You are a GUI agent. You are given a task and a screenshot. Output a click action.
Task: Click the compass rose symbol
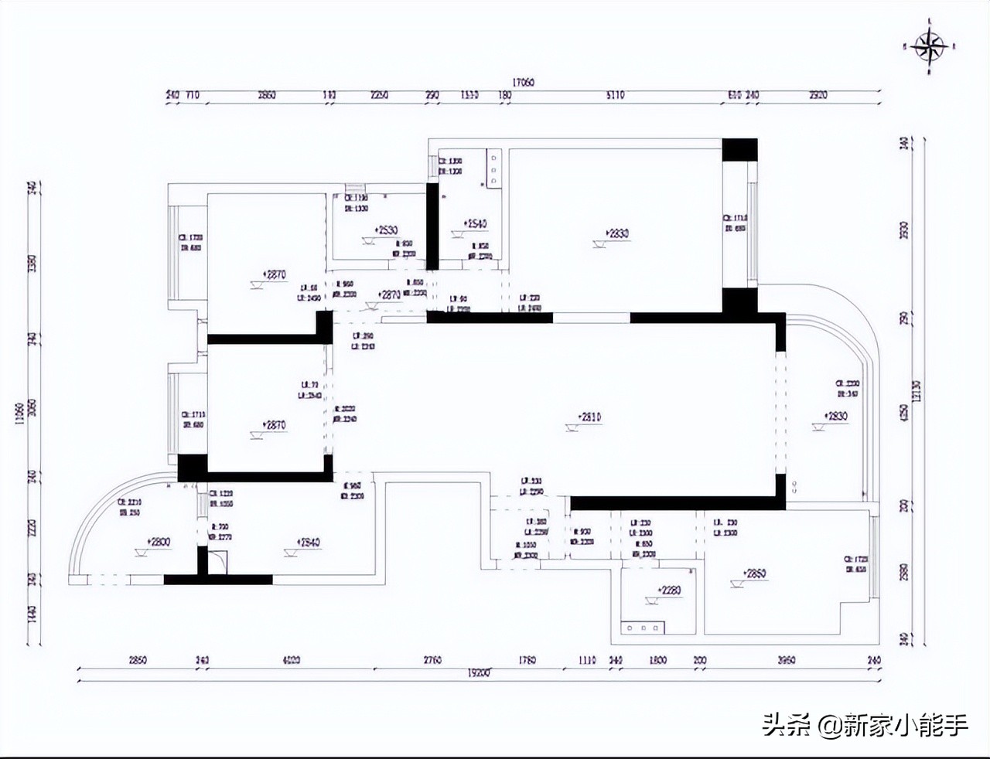(x=930, y=48)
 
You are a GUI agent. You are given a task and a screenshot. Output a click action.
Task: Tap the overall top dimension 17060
(x=523, y=82)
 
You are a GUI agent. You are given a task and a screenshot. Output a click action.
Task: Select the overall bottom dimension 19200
(x=478, y=673)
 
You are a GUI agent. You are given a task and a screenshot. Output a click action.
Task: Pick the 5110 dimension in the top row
(x=615, y=96)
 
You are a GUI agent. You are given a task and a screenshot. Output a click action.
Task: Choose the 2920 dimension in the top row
(x=818, y=96)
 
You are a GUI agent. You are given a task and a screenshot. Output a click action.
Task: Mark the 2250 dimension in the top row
(x=379, y=96)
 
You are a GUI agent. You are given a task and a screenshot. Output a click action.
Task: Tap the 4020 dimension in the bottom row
(x=291, y=661)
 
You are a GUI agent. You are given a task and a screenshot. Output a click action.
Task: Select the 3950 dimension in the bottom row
(x=786, y=661)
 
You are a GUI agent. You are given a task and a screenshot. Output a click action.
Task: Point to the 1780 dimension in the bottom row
(x=527, y=661)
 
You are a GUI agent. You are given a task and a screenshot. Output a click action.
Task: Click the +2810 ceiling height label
(x=589, y=417)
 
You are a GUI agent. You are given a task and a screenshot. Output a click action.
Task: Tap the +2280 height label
(x=669, y=591)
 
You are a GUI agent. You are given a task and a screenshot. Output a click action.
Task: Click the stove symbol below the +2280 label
(x=643, y=629)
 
